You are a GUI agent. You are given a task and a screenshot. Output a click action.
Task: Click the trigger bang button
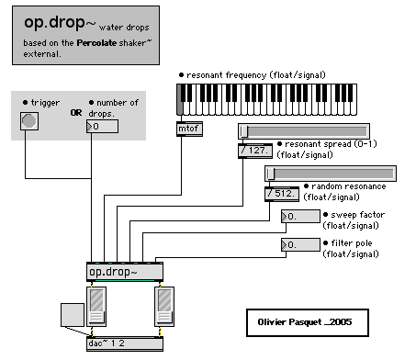29,121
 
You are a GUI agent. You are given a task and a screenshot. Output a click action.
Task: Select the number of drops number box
102,127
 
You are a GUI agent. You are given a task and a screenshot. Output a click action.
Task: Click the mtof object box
189,129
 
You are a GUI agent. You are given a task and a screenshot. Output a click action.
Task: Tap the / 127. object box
255,151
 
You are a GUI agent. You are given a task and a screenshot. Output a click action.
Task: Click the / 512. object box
282,194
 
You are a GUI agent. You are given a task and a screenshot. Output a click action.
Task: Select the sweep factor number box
300,217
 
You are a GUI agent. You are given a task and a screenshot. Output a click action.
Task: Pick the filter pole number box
300,245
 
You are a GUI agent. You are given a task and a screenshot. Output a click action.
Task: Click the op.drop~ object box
125,272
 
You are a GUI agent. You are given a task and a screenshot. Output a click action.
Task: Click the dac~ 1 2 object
125,343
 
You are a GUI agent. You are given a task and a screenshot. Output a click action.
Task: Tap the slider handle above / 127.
243,131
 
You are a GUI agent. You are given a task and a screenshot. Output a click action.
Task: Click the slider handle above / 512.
270,174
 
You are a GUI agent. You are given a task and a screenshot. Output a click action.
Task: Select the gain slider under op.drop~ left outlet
96,307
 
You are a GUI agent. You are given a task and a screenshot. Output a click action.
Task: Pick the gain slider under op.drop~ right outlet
164,307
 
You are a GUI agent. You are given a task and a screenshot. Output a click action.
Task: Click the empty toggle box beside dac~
73,315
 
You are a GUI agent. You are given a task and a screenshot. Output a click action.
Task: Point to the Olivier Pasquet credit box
308,322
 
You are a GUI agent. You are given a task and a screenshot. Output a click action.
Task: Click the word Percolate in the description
96,43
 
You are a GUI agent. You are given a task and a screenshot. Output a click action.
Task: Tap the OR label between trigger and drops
76,113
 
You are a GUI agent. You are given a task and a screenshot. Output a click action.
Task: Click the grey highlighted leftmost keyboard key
180,100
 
